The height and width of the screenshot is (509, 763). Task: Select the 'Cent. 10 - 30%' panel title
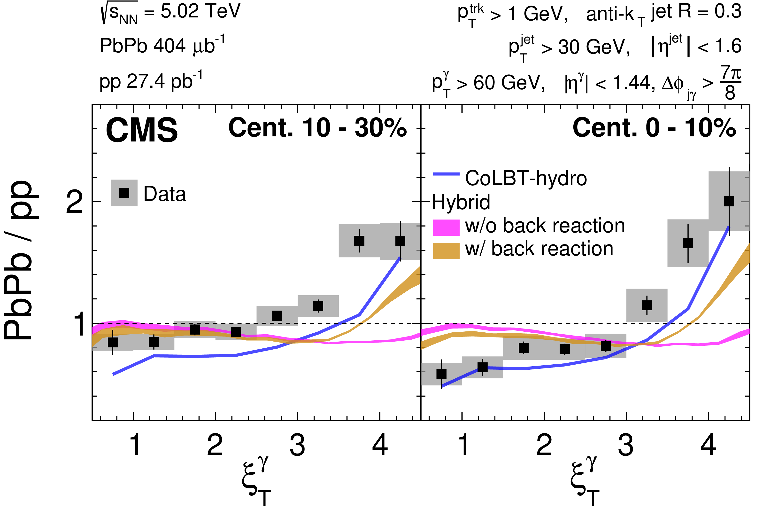coord(317,128)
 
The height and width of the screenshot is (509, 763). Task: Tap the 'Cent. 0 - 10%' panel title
coord(654,128)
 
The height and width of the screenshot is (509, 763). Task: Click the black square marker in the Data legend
coord(124,193)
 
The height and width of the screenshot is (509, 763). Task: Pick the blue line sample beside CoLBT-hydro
coord(446,174)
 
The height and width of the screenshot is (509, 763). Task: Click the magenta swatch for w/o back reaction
coord(446,227)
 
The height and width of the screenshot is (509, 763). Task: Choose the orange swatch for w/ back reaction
coord(446,251)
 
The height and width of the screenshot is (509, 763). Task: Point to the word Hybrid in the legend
coord(461,202)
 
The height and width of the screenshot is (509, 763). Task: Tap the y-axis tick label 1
coord(79,324)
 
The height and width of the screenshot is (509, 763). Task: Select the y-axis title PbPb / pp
coord(21,260)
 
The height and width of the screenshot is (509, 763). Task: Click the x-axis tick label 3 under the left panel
coord(297,445)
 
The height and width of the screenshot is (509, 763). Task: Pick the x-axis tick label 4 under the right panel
coord(708,445)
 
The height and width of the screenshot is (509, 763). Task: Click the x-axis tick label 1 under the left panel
coord(135,445)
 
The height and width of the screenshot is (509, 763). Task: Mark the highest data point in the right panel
coord(729,201)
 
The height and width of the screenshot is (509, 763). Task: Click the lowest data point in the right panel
coord(441,374)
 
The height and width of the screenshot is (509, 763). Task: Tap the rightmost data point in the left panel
coord(400,241)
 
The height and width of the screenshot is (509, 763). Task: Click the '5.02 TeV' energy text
coord(200,12)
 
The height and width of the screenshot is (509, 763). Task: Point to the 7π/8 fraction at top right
coord(730,83)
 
